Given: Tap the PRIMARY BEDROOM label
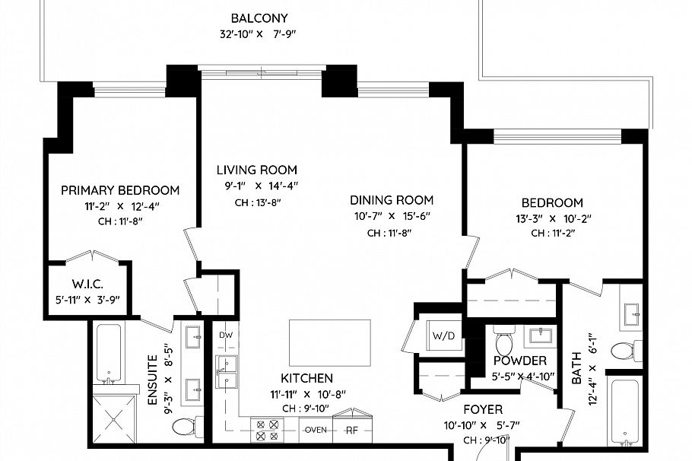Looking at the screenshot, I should (x=120, y=190).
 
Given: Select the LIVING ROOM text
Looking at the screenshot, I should (x=256, y=170).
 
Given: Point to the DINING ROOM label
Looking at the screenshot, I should (x=392, y=200).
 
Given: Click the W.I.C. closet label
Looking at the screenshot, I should (x=87, y=284).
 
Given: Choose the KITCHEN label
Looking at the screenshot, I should (x=306, y=378).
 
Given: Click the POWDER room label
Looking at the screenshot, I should (x=519, y=361).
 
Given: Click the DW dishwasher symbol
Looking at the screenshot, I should (x=226, y=335).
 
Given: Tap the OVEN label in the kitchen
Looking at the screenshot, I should (x=316, y=430).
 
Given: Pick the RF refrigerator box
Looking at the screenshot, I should (x=352, y=430).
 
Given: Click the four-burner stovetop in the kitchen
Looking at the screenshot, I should (x=267, y=431).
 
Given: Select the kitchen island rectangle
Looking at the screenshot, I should (x=330, y=344).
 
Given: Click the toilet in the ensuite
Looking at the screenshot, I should (x=185, y=427).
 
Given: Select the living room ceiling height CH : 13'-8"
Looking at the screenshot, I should (x=256, y=202).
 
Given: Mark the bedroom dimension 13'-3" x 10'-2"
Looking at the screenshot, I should (x=551, y=218).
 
